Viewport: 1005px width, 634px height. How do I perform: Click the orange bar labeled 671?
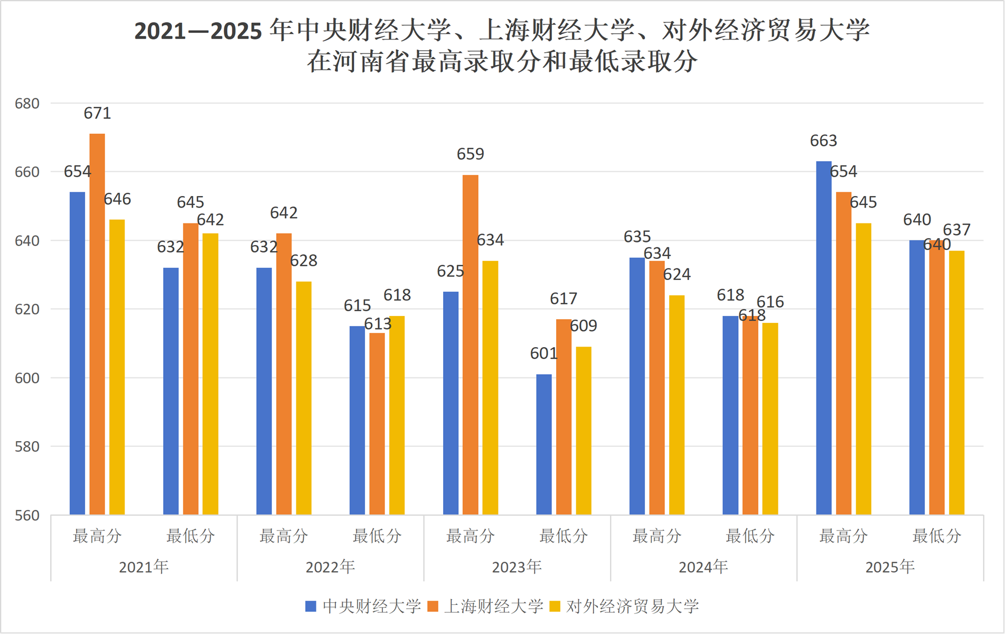(97, 324)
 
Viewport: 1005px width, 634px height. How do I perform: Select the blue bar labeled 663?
(824, 338)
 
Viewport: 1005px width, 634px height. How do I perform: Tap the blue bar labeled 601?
(544, 444)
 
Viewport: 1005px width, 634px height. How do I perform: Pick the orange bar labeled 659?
(471, 344)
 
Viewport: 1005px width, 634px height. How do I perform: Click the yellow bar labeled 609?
(584, 431)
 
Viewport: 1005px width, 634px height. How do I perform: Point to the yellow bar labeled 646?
(117, 367)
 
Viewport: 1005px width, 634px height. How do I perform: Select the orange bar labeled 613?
(377, 424)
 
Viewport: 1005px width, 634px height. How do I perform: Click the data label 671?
(97, 113)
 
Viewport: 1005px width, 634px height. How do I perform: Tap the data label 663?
(823, 141)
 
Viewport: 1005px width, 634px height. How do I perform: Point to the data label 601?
(543, 353)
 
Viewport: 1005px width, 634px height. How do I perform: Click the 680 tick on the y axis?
(27, 104)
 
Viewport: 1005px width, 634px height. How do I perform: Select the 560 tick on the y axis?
(27, 515)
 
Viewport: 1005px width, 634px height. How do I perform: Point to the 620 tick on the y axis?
(27, 309)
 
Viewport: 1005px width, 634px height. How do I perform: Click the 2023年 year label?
(516, 567)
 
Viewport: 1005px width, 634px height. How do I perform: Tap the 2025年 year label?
(890, 567)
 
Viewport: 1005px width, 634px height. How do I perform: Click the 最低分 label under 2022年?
(377, 536)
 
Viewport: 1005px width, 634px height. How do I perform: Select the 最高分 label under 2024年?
(657, 536)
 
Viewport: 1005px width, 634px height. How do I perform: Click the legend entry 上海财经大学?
(493, 606)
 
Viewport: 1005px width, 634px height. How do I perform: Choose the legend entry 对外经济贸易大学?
(632, 606)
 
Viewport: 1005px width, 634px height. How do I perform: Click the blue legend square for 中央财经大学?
(311, 606)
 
